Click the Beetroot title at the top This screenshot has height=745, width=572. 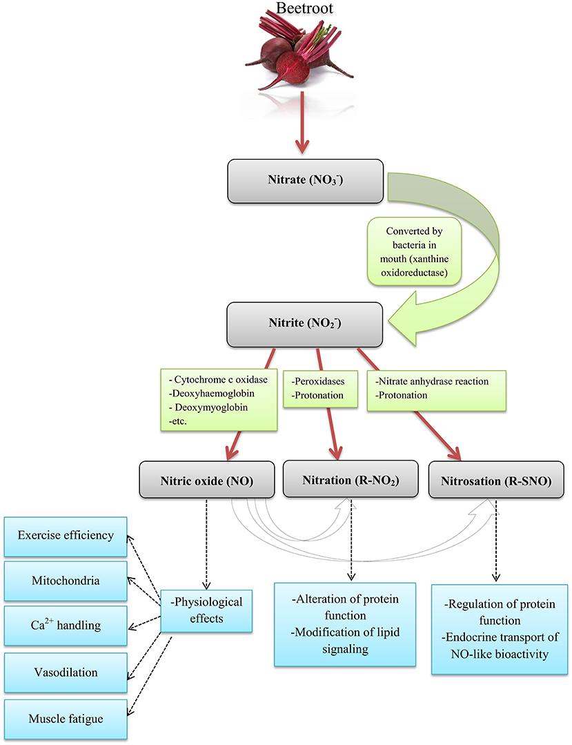tap(305, 8)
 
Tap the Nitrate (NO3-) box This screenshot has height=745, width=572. tap(305, 181)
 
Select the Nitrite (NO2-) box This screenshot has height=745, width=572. tap(305, 325)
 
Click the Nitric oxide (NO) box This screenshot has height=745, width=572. tap(207, 480)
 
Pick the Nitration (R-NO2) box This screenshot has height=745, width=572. tap(351, 479)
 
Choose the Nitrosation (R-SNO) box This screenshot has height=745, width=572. tap(496, 480)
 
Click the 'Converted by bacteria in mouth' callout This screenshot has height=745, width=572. tap(415, 252)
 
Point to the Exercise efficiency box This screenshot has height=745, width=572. tap(66, 536)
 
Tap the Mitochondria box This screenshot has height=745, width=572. tap(66, 581)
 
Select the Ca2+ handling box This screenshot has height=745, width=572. tap(66, 626)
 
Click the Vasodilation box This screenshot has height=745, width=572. tap(66, 673)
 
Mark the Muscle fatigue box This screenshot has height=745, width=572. tap(66, 719)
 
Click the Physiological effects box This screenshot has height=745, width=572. tap(206, 611)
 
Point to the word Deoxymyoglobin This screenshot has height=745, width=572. tap(211, 407)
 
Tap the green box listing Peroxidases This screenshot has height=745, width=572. tap(320, 389)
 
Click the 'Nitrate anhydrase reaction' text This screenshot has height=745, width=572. tap(432, 381)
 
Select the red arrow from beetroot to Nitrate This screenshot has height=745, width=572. tap(302, 123)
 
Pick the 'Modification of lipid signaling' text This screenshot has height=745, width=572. tap(345, 641)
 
